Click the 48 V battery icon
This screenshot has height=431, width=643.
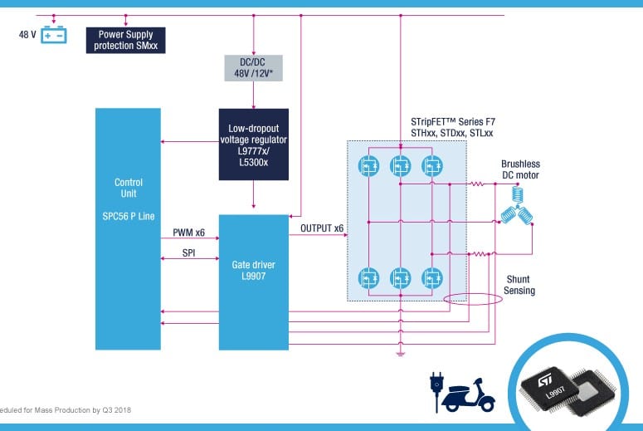click(x=55, y=35)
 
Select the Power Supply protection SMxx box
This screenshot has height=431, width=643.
click(x=127, y=39)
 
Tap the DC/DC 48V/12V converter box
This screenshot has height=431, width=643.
click(x=253, y=68)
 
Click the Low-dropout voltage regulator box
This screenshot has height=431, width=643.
click(x=253, y=144)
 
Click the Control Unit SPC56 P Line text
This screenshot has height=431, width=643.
click(x=128, y=198)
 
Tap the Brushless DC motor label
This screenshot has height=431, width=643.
click(x=519, y=169)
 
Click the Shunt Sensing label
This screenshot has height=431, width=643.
click(x=519, y=285)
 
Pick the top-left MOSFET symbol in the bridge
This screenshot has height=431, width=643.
click(x=367, y=165)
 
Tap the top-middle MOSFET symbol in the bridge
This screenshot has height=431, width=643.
click(x=400, y=165)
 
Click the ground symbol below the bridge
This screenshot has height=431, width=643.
click(x=400, y=354)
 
